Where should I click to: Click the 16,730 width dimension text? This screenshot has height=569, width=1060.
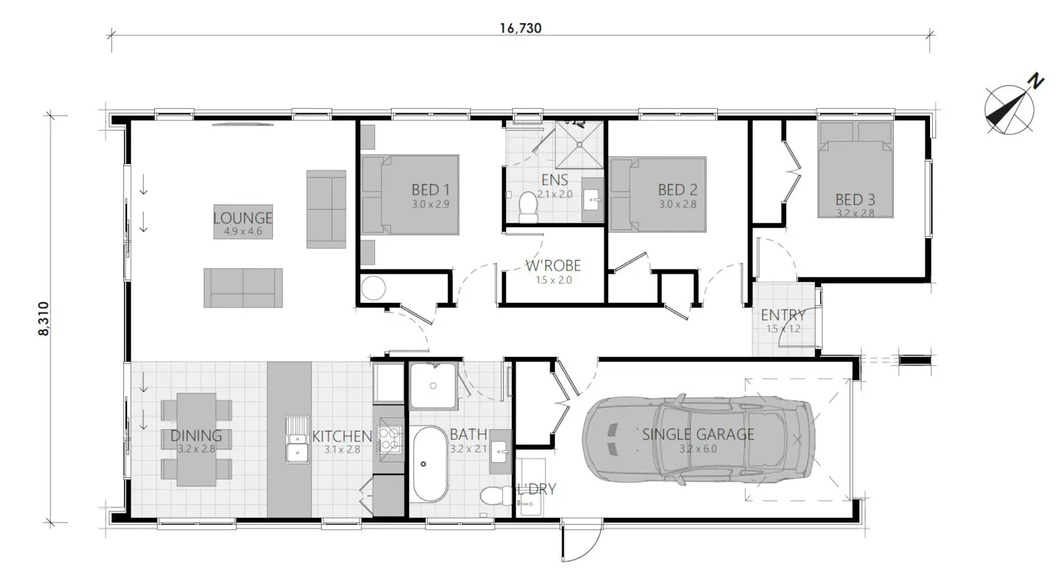click(520, 29)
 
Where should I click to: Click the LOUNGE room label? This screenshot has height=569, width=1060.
click(242, 219)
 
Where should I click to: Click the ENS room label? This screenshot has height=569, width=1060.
click(555, 180)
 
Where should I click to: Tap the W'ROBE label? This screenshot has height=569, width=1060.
click(553, 266)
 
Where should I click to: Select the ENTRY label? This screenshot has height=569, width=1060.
click(783, 315)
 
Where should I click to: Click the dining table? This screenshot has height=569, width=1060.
click(196, 439)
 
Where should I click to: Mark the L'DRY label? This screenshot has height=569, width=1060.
click(537, 489)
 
